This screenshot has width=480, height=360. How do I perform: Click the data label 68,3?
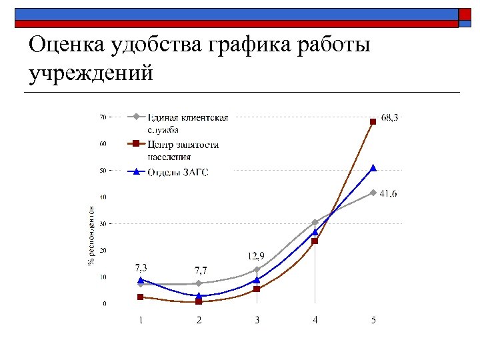click(x=390, y=117)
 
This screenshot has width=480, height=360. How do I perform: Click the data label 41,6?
click(x=389, y=193)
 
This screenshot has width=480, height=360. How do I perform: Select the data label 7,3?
click(x=141, y=267)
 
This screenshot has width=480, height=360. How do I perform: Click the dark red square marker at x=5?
click(x=373, y=121)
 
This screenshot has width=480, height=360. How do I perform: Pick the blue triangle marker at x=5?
click(x=373, y=168)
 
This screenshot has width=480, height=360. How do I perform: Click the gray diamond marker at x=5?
click(x=373, y=193)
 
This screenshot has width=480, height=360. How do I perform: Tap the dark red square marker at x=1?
click(x=141, y=297)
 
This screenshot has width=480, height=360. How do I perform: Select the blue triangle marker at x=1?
click(x=141, y=280)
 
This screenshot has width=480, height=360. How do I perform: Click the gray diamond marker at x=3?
click(x=257, y=269)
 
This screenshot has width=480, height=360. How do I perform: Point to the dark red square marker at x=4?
click(x=315, y=241)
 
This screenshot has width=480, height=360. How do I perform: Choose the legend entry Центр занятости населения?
click(x=183, y=151)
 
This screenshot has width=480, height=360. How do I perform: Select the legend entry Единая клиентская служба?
click(x=187, y=123)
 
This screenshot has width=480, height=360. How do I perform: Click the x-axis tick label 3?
click(x=257, y=320)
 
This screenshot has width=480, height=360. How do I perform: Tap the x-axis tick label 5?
click(x=373, y=320)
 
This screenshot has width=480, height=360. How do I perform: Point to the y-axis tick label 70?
click(x=103, y=117)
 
